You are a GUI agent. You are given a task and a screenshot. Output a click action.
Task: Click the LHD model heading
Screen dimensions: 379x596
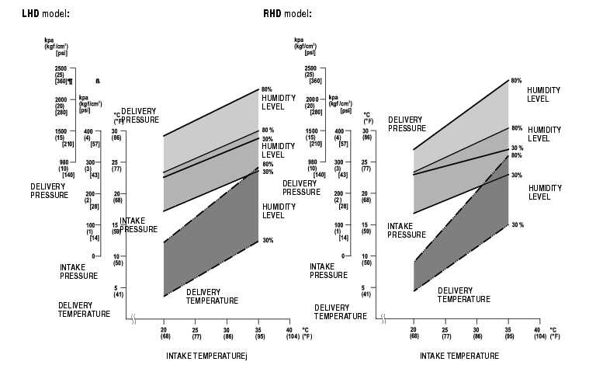(36, 14)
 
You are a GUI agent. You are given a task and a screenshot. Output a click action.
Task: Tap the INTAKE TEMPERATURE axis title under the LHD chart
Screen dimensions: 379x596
(206, 356)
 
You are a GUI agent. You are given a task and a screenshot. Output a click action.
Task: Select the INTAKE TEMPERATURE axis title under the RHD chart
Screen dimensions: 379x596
(459, 356)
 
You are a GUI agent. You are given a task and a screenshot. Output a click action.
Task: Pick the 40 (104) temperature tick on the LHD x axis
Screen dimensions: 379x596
(289, 332)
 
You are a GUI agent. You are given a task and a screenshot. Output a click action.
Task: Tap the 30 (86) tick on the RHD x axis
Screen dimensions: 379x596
(476, 332)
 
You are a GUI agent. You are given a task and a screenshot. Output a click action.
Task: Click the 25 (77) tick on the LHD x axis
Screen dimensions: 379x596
(196, 332)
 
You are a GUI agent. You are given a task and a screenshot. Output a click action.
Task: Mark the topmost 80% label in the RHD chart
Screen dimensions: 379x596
(516, 80)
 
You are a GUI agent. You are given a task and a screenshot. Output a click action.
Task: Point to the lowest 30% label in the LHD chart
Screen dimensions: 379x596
(268, 240)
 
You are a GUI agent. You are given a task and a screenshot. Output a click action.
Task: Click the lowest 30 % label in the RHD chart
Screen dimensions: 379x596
(516, 224)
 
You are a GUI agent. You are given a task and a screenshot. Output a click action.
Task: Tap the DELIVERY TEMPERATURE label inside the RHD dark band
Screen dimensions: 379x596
(463, 294)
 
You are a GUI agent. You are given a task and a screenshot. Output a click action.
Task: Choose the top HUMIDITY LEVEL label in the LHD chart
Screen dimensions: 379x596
(272, 102)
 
